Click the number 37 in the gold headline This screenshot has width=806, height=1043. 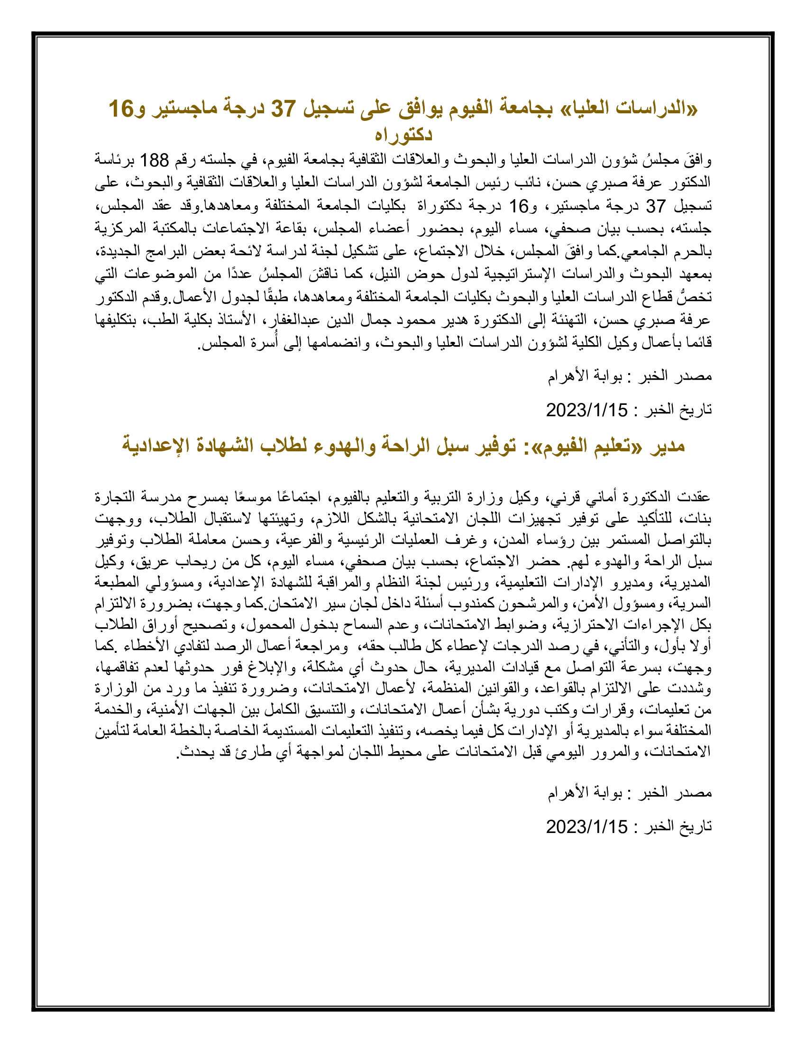(x=284, y=109)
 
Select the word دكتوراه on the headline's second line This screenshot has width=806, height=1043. (x=403, y=134)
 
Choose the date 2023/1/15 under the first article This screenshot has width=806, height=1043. (x=587, y=410)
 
